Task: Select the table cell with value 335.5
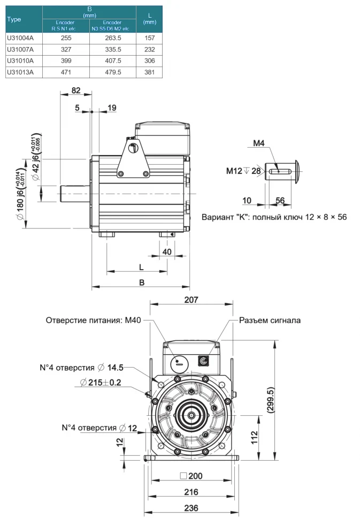pyautogui.click(x=113, y=49)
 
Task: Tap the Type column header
pyautogui.click(x=14, y=19)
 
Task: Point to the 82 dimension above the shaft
pyautogui.click(x=76, y=91)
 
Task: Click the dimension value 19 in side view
pyautogui.click(x=112, y=108)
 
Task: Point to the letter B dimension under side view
pyautogui.click(x=142, y=282)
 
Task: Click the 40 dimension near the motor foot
pyautogui.click(x=167, y=251)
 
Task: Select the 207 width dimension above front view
pyautogui.click(x=191, y=301)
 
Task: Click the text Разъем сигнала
pyautogui.click(x=270, y=320)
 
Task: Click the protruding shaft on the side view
pyautogui.click(x=74, y=193)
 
